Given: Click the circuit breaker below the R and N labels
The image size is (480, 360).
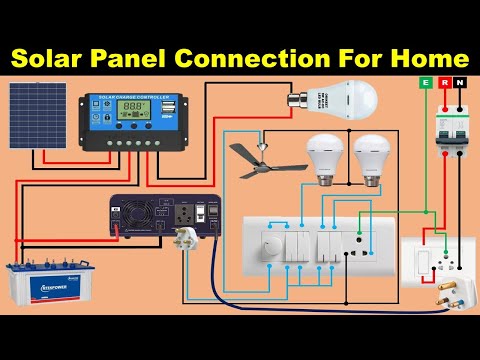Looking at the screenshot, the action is [450, 131].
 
